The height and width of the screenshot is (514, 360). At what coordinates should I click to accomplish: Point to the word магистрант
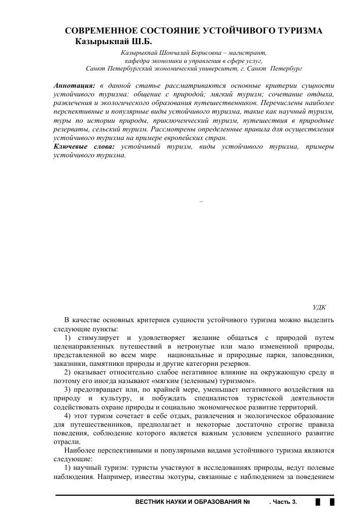pyautogui.click(x=247, y=53)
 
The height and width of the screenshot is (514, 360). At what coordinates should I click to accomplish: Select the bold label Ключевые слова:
pyautogui.click(x=84, y=147)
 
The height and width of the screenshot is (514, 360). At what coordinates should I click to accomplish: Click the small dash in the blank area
pyautogui.click(x=202, y=202)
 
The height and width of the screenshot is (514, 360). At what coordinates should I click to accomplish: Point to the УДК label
pyautogui.click(x=319, y=307)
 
